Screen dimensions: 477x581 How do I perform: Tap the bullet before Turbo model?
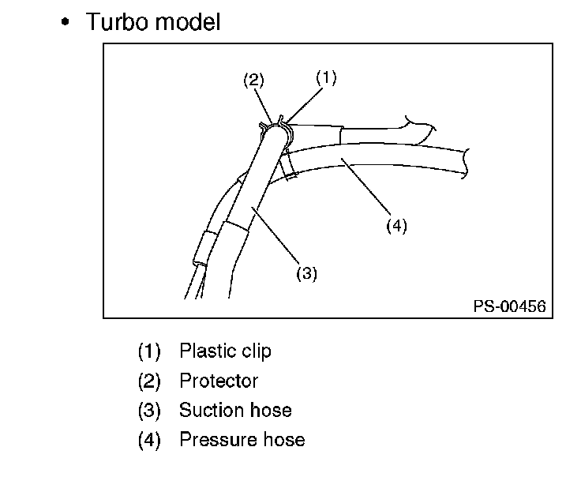point(67,22)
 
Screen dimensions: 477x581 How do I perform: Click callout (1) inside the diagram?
point(326,77)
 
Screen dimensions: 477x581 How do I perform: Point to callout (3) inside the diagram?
point(306,273)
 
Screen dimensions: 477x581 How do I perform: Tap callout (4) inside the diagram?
point(396,225)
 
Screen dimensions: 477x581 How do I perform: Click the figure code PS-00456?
point(509,306)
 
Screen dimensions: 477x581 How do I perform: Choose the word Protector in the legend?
point(219,380)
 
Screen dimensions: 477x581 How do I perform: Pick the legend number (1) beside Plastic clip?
point(148,350)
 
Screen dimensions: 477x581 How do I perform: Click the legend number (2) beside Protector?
point(148,380)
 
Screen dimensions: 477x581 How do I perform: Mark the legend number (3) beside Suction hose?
point(148,410)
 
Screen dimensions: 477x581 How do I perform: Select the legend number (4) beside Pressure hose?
point(148,439)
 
